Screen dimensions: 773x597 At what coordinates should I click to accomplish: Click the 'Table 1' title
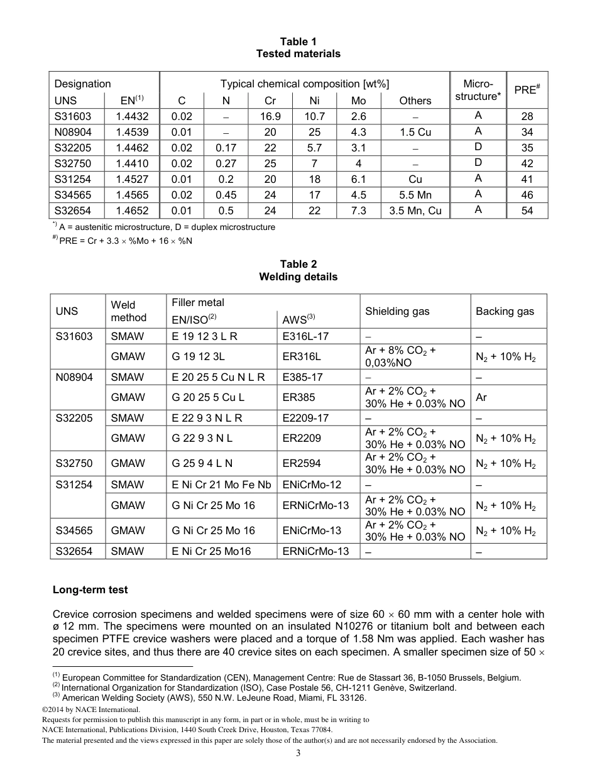(298, 41)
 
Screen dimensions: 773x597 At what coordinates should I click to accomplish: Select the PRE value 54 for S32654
(527, 211)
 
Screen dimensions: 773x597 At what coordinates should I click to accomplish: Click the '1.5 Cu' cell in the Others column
(415, 132)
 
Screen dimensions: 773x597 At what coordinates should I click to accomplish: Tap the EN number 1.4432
(132, 116)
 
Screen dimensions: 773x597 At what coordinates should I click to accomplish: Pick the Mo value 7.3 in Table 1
(358, 211)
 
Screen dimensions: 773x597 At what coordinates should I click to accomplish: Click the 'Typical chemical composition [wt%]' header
(305, 84)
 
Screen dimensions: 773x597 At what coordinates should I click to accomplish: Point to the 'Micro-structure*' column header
(478, 90)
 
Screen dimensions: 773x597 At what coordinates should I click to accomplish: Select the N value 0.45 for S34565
(226, 195)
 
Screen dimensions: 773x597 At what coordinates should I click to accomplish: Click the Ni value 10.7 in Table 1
(314, 116)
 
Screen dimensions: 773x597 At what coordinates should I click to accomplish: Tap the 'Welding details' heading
(298, 277)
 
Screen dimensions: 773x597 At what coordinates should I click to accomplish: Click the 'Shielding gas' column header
(397, 311)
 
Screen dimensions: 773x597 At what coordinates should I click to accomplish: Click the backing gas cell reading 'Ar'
(481, 397)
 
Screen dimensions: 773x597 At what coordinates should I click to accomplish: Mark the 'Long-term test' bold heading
(90, 589)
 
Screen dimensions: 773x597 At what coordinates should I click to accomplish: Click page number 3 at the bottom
(298, 753)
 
